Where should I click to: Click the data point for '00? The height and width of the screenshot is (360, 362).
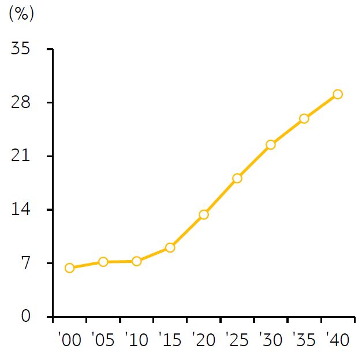(x=69, y=268)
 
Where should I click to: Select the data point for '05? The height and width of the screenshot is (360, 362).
(x=103, y=262)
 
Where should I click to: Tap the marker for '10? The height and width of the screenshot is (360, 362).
(x=137, y=261)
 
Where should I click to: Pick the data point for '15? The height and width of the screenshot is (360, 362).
(x=170, y=248)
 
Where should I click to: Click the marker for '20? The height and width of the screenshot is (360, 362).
(x=204, y=214)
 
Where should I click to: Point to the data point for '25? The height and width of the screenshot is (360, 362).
(x=237, y=179)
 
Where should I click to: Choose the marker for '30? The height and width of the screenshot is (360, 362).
(x=271, y=144)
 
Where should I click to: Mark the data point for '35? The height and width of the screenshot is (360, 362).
(x=304, y=118)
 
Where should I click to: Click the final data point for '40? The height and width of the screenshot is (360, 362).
(x=338, y=94)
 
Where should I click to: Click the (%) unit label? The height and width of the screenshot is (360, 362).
(x=21, y=14)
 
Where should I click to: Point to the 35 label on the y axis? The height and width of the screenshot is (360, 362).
(x=21, y=49)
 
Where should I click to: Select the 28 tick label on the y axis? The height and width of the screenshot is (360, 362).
(x=21, y=102)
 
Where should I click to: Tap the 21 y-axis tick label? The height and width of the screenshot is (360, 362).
(x=21, y=156)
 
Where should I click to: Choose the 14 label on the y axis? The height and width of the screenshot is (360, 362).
(x=21, y=209)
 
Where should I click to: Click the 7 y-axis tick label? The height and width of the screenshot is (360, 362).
(x=26, y=263)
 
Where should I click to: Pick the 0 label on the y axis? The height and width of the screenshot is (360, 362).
(x=26, y=316)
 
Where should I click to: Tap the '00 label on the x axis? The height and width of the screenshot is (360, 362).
(x=70, y=340)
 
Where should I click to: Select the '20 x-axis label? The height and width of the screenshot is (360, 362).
(x=204, y=340)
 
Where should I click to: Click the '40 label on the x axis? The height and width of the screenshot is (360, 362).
(x=338, y=340)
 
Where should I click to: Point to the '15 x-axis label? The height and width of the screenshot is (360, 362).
(x=170, y=340)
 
